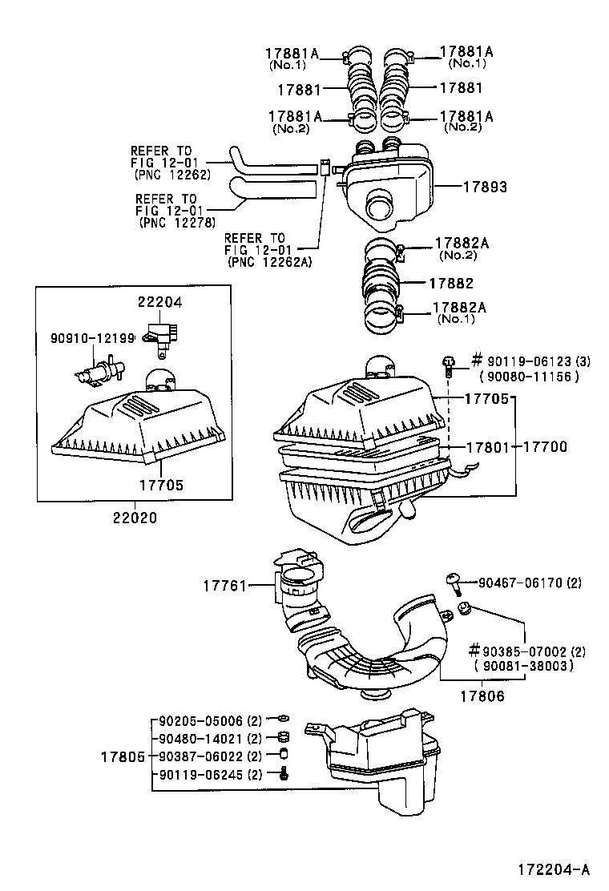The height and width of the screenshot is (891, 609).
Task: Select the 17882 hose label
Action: (450, 284)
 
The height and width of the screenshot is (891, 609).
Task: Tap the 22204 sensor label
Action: (159, 302)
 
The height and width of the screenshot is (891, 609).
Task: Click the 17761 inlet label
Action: (224, 587)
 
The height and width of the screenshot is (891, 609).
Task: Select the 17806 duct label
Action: (482, 696)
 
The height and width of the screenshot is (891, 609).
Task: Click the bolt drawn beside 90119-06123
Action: (450, 366)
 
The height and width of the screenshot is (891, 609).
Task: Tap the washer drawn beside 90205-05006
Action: (281, 719)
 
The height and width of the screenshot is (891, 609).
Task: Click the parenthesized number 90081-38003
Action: (525, 665)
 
